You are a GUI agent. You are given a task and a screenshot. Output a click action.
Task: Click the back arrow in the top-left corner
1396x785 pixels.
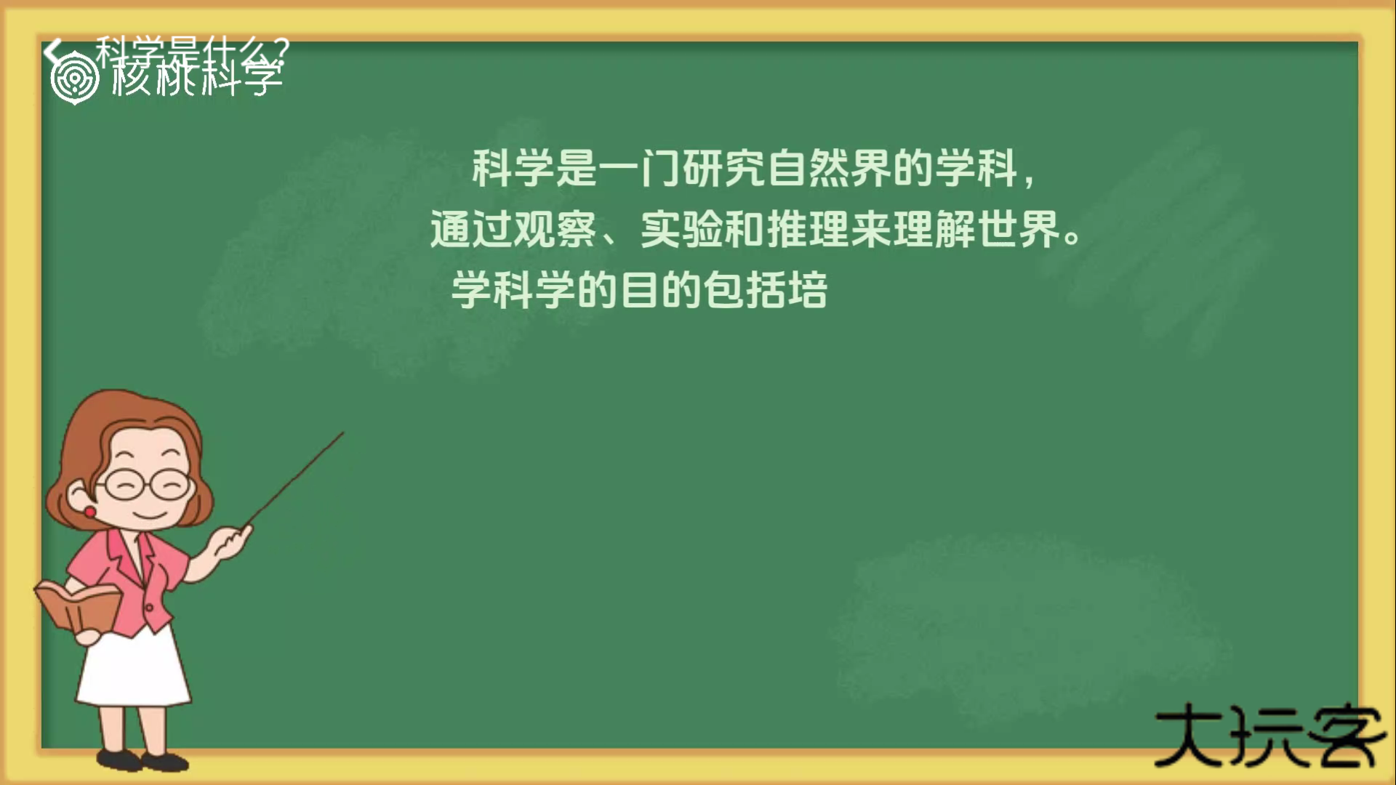[x=52, y=51]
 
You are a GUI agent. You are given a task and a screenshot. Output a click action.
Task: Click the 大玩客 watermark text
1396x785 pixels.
[x=1269, y=736]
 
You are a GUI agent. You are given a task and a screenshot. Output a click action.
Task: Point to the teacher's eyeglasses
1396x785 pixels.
[x=145, y=484]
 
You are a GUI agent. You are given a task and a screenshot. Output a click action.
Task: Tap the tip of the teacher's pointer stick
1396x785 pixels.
[x=342, y=433]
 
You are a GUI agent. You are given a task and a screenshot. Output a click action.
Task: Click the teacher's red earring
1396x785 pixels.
[x=89, y=512]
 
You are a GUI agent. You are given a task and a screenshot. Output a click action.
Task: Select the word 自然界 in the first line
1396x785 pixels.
[x=828, y=168]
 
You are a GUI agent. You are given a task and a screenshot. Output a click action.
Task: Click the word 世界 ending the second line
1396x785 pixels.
[x=1018, y=230]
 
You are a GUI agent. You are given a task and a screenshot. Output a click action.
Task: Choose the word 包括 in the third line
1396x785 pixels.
[x=745, y=290]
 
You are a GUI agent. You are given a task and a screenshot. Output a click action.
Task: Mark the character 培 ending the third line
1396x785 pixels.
[x=808, y=290]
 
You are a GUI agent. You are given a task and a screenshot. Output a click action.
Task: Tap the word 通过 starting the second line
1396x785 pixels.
[x=471, y=230]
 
